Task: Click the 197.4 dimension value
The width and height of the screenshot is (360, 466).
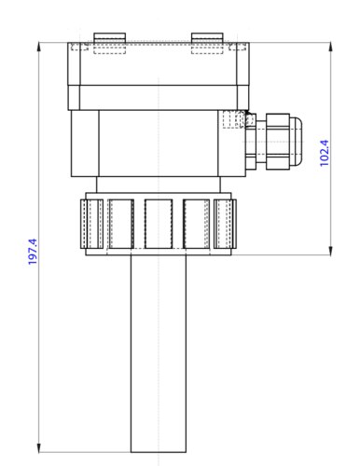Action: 33,253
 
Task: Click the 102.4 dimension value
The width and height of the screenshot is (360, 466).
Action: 325,153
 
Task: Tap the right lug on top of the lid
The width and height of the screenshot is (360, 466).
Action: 206,38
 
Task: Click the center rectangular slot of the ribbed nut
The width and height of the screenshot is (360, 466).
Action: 159,225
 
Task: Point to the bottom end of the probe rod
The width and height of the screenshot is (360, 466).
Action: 159,449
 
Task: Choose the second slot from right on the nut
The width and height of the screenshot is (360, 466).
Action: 198,225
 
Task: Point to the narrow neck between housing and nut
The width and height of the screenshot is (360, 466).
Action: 159,185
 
